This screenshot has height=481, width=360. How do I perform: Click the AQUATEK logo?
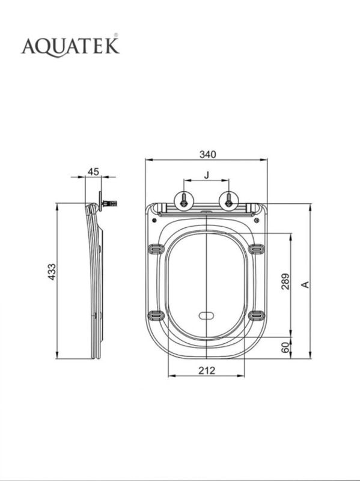70,46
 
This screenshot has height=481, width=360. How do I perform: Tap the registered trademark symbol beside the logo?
116,35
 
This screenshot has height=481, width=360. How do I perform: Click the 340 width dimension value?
207,155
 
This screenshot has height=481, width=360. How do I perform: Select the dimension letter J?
207,175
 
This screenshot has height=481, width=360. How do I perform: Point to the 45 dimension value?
94,172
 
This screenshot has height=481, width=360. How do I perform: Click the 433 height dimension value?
52,272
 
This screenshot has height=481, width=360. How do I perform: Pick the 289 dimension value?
285,281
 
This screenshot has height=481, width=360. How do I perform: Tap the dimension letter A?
305,284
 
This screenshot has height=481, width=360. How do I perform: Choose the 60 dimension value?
285,348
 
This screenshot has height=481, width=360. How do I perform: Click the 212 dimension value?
207,370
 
